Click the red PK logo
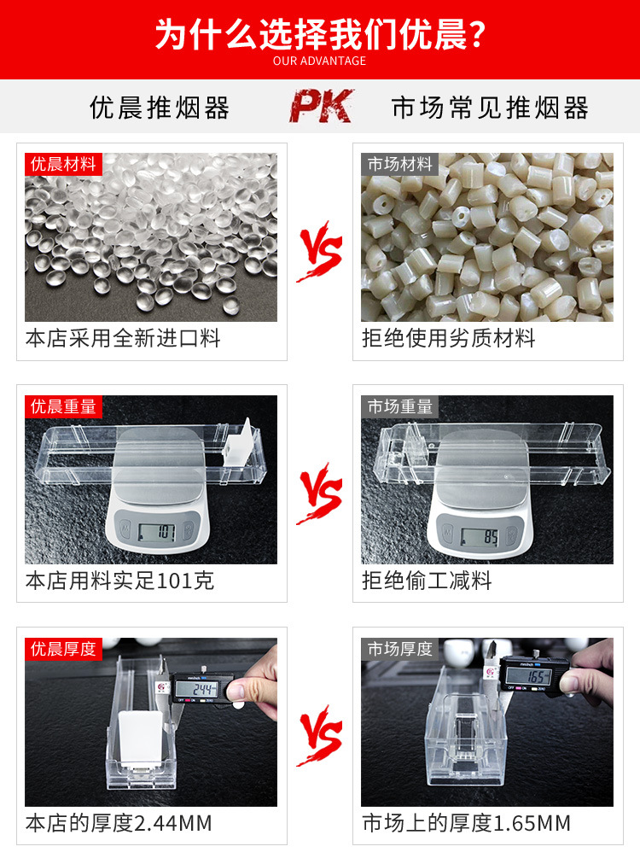[x=321, y=107]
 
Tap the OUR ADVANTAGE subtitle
[x=320, y=61]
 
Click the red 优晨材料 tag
[x=64, y=164]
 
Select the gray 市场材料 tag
[x=400, y=164]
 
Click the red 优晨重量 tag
[x=64, y=406]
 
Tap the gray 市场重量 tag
[x=400, y=406]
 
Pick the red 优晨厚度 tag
[x=64, y=649]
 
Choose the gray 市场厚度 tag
[x=400, y=649]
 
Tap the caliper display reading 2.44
[x=205, y=689]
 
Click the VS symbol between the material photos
[x=320, y=254]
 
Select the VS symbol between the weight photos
[x=320, y=496]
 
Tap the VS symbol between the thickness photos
[x=320, y=738]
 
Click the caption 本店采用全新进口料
[x=123, y=339]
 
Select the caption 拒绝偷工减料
[x=428, y=581]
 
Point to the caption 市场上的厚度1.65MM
[x=467, y=824]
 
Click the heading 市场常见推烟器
[x=490, y=108]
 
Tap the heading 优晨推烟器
[x=160, y=108]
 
